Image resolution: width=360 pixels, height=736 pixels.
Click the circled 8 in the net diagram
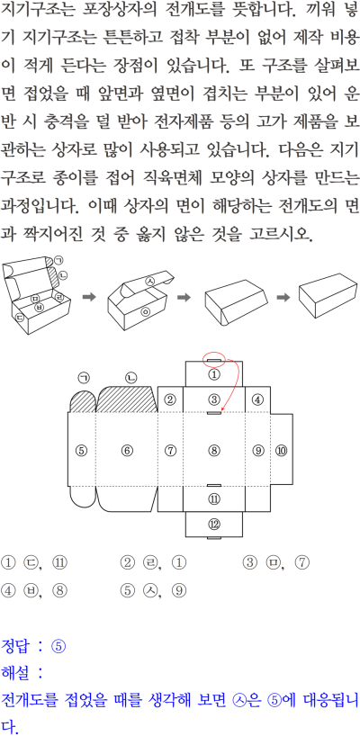point(214,451)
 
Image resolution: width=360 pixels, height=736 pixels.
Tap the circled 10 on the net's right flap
point(282,451)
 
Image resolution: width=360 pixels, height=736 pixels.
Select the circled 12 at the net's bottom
point(214,525)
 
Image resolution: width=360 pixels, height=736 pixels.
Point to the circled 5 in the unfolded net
point(82,451)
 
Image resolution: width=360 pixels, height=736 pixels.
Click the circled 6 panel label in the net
point(127,451)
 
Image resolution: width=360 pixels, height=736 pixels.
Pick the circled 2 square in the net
point(170,399)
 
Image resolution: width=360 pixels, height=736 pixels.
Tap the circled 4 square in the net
point(257,399)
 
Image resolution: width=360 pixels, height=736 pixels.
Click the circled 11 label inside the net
point(214,498)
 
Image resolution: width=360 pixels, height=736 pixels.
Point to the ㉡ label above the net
point(131,377)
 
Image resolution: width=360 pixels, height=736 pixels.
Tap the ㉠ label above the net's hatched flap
point(84,377)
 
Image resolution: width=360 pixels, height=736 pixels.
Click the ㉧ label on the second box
point(145,311)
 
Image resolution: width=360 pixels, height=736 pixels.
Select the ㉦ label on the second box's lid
point(150,281)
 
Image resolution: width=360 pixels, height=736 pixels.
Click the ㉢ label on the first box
point(21,318)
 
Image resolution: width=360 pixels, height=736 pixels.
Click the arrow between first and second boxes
point(89,297)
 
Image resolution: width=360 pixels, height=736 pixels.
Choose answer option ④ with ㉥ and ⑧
point(35,590)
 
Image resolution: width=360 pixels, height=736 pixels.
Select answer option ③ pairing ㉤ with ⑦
point(276,562)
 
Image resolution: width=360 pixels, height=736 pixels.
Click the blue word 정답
point(14,646)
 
